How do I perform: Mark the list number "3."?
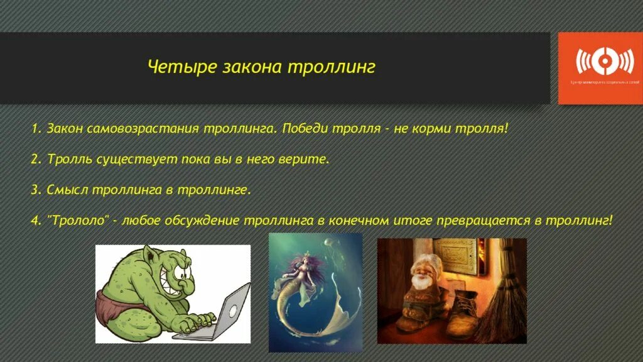tap(36, 190)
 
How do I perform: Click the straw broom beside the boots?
tap(505, 308)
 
